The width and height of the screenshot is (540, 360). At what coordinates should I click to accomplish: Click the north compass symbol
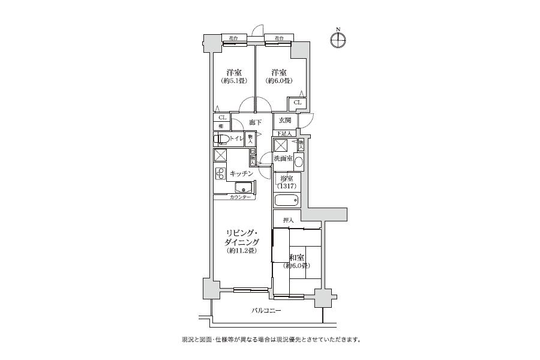[338, 40]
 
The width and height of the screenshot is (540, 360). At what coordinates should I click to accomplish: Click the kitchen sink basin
[244, 187]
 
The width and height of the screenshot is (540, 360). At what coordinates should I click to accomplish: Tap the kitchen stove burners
[220, 174]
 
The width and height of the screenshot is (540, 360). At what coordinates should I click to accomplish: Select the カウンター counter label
[240, 197]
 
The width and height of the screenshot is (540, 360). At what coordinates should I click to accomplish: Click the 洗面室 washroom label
[283, 158]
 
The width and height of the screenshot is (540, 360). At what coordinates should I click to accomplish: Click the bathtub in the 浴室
[286, 200]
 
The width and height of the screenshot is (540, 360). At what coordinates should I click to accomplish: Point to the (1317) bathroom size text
[286, 186]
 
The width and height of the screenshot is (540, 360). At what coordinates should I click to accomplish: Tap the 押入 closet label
[288, 220]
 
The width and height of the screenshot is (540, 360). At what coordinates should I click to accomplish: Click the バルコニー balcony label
[266, 310]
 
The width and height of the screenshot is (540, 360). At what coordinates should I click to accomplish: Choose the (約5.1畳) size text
[231, 81]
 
